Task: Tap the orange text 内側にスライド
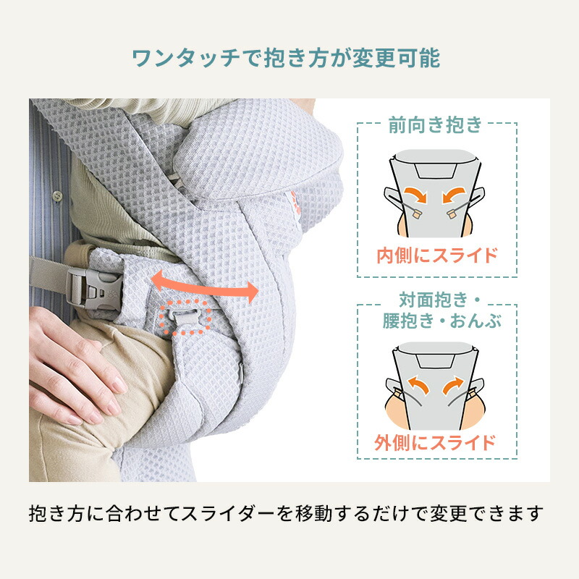[x=436, y=255]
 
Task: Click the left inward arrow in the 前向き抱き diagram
[x=415, y=195]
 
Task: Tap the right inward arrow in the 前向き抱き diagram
[x=458, y=195]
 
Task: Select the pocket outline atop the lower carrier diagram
[x=436, y=355]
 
